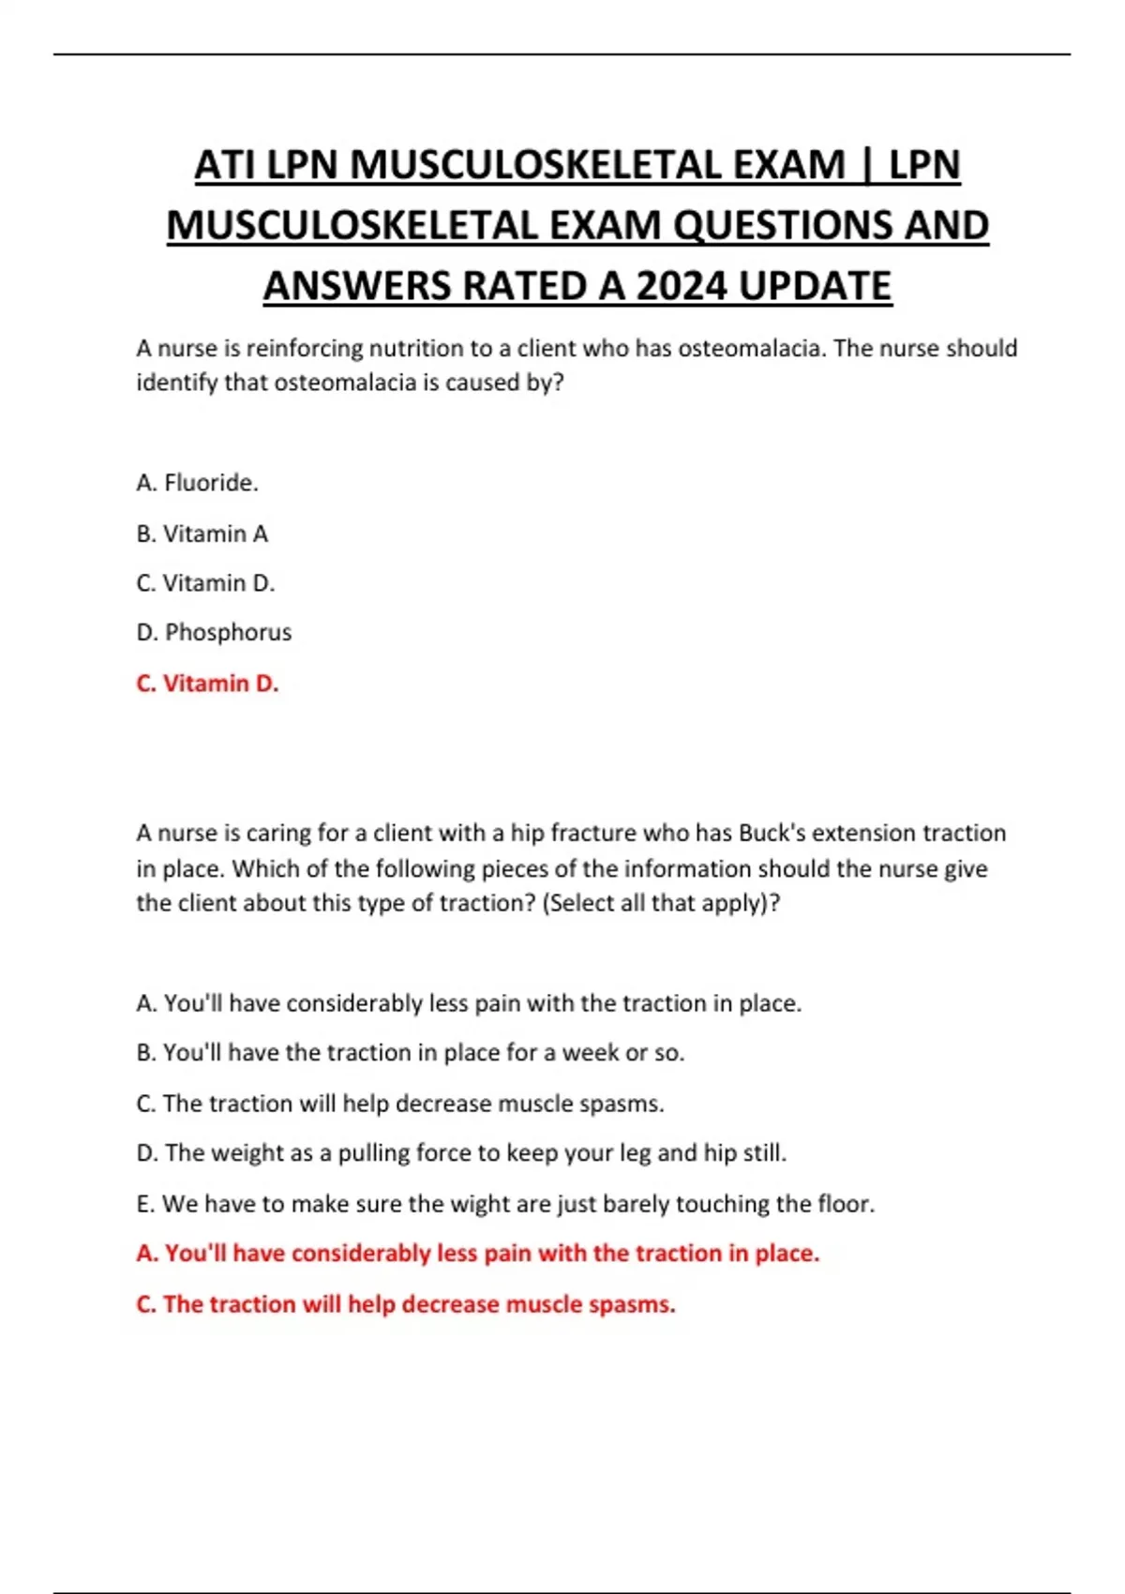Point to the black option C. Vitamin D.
tap(205, 583)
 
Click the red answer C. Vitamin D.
tap(207, 684)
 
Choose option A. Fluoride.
tap(197, 483)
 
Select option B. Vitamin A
tap(202, 534)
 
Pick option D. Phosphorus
tap(214, 633)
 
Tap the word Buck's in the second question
tap(772, 834)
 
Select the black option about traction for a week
tap(410, 1053)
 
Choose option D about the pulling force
tap(461, 1153)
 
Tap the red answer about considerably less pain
tap(477, 1254)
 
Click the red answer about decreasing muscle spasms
tap(405, 1304)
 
